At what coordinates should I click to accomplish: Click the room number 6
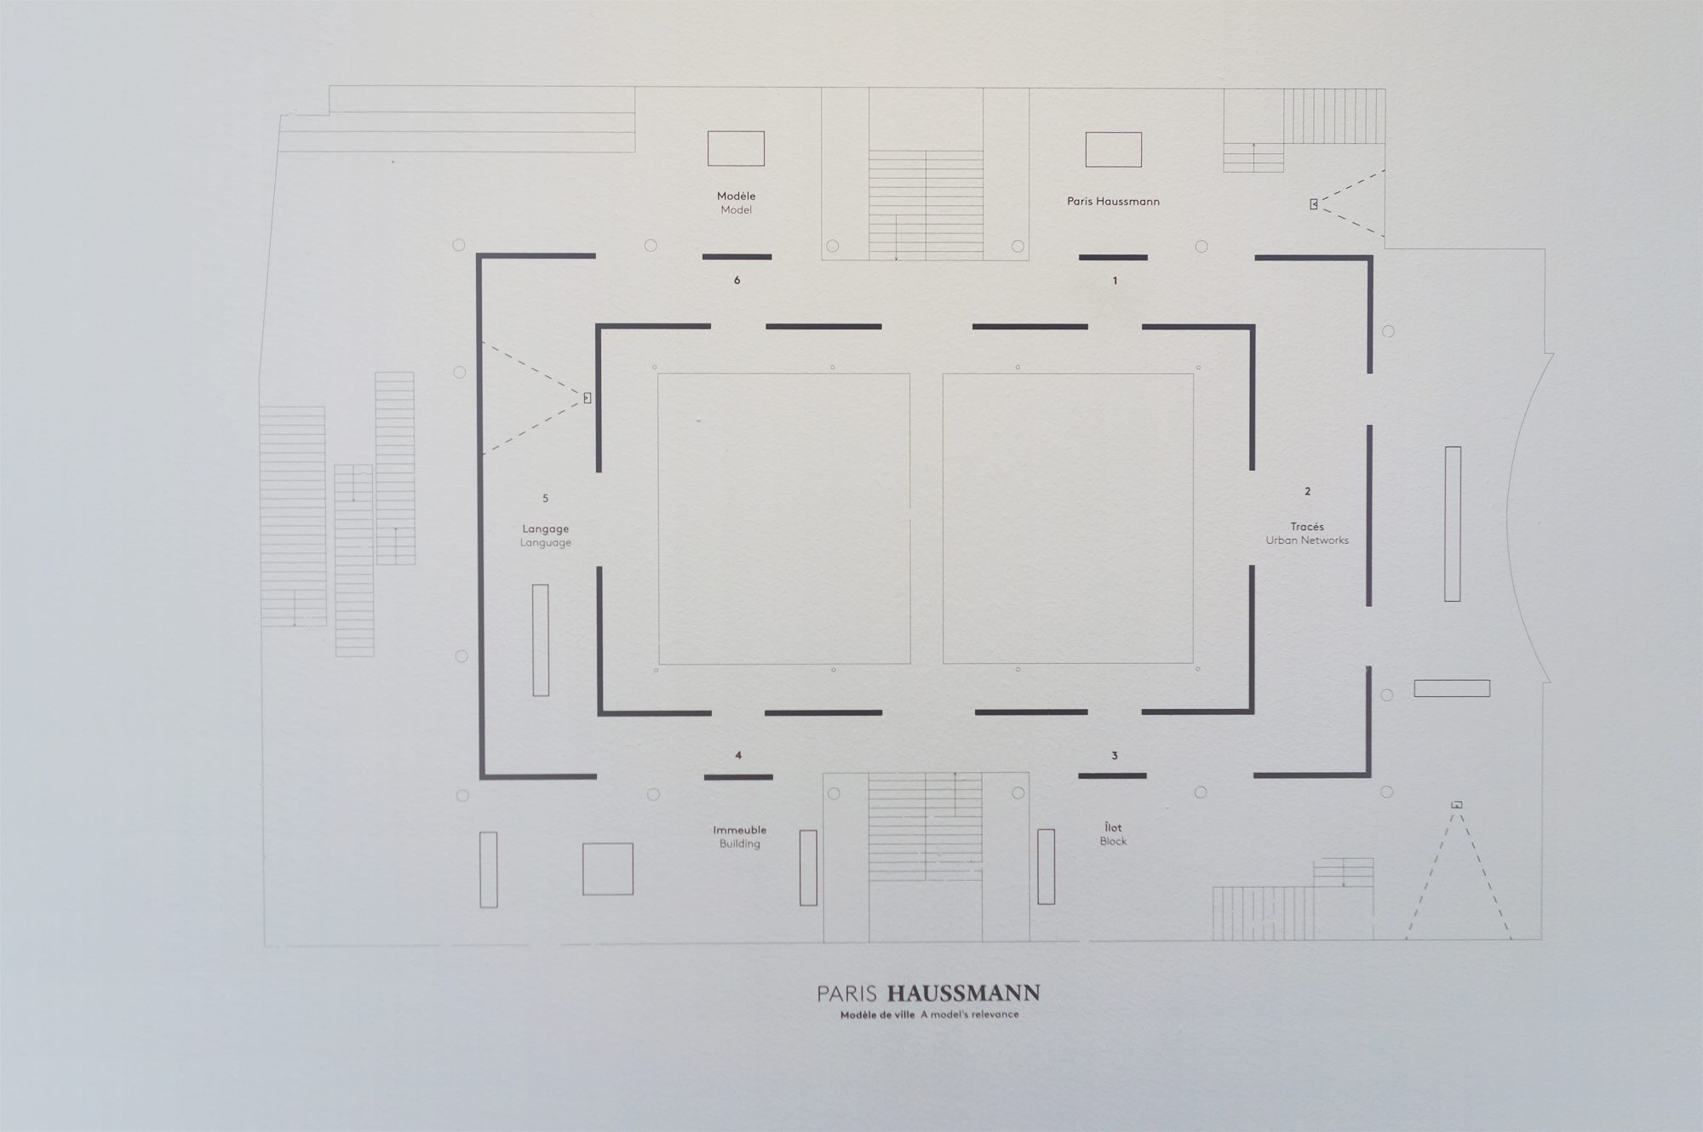(x=737, y=280)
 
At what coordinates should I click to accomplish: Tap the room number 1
(x=1115, y=280)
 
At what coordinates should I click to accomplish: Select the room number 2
(x=1308, y=491)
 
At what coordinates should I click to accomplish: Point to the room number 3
(x=1115, y=756)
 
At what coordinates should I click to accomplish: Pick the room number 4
(x=738, y=755)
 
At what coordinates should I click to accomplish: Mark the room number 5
(x=546, y=499)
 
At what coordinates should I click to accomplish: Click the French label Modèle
(x=737, y=196)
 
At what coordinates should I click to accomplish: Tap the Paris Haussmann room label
(x=1114, y=202)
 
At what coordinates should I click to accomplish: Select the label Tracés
(x=1307, y=527)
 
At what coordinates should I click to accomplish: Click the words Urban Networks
(x=1307, y=540)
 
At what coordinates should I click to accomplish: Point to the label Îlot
(x=1113, y=827)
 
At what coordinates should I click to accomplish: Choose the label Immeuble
(x=740, y=830)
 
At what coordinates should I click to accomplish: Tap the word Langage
(x=546, y=529)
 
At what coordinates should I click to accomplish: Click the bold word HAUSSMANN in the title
(x=964, y=993)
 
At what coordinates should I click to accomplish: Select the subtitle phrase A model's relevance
(x=970, y=1015)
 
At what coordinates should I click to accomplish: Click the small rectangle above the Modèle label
(x=737, y=149)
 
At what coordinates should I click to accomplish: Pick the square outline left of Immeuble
(x=608, y=869)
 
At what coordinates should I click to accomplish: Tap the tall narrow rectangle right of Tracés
(x=1453, y=523)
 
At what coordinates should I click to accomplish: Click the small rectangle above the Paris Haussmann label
(x=1114, y=150)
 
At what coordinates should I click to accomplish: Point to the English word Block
(x=1113, y=841)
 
